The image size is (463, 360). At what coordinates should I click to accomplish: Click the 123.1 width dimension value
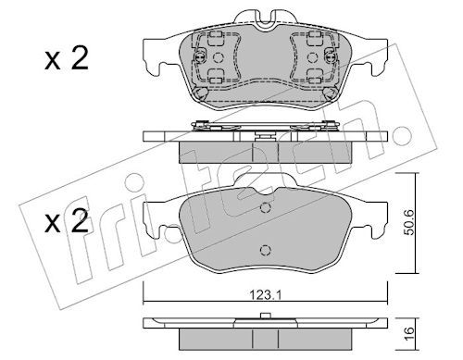pos(266,295)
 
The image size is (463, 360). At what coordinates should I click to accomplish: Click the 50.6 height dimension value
pos(409,222)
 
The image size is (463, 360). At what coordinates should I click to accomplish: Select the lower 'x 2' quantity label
pos(67,220)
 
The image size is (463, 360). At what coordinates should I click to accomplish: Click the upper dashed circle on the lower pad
pos(266,207)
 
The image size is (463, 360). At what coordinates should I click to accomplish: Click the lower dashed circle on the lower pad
pos(266,250)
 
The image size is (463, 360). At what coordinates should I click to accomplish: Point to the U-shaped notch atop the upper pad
pos(266,21)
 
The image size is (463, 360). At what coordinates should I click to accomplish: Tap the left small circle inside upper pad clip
pos(219,57)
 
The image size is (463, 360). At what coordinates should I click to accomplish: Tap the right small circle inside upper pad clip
pos(312,57)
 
